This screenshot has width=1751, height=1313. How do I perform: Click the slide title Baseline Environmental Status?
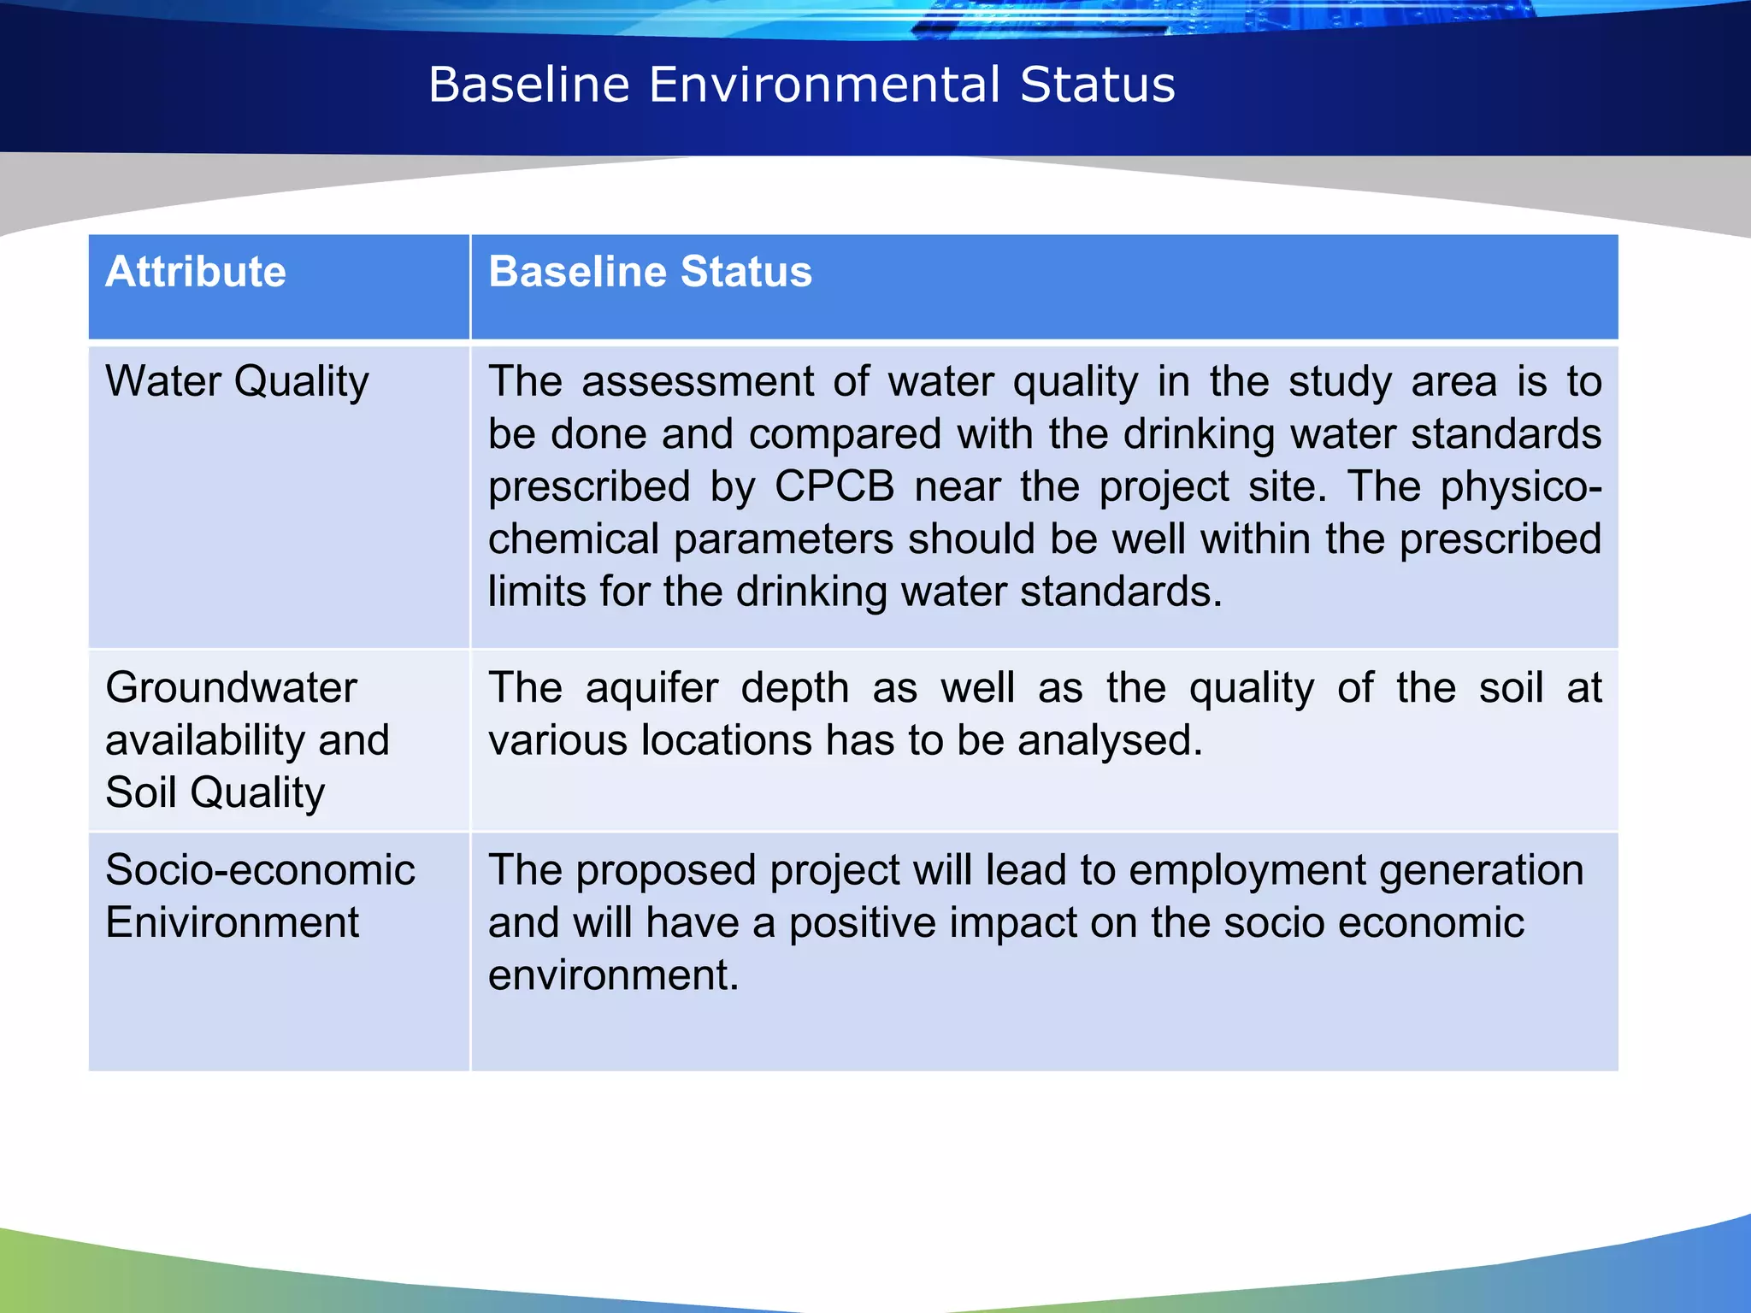[801, 85]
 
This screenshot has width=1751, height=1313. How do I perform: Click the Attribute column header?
[196, 272]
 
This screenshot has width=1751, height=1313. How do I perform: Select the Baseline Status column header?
[650, 272]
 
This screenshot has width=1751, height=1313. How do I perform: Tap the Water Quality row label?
[237, 381]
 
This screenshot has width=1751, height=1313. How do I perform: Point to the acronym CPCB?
[834, 486]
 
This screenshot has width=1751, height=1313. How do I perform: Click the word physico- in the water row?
[1521, 486]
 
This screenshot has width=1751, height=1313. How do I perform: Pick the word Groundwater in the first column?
[231, 688]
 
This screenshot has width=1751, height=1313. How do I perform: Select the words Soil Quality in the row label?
[215, 792]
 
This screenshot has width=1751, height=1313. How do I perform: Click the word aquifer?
[651, 688]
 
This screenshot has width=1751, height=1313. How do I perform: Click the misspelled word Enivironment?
[232, 923]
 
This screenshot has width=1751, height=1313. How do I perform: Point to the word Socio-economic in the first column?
[260, 870]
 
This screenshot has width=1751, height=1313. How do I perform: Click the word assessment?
[698, 381]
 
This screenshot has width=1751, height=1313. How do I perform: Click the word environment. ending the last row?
[613, 975]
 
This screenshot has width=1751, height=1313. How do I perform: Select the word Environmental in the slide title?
[824, 85]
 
